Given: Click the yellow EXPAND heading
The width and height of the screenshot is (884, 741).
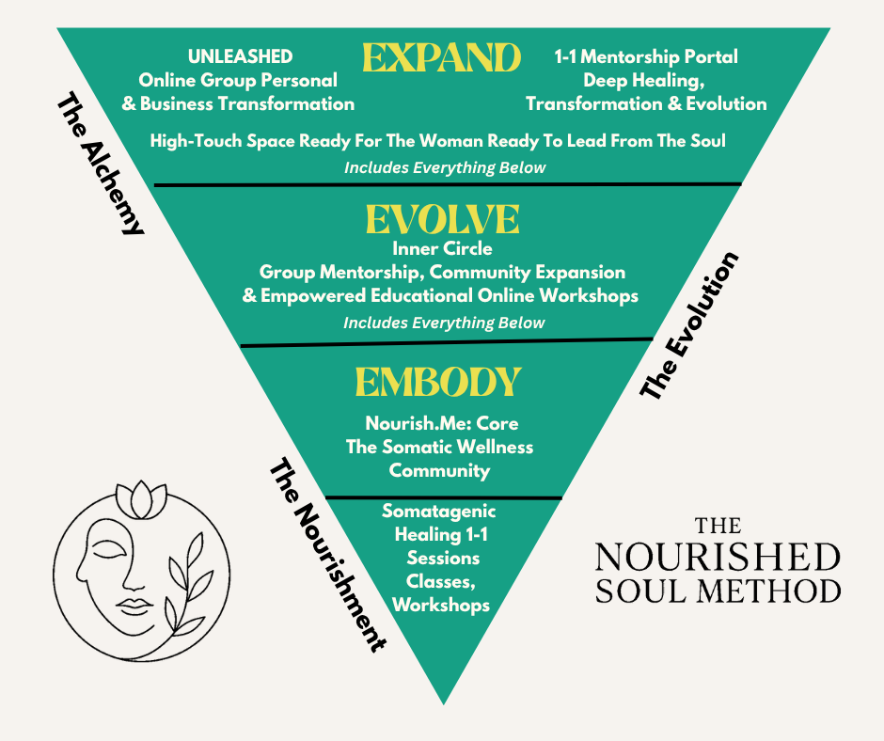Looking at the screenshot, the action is [441, 58].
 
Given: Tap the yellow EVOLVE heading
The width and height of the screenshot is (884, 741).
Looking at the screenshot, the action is [442, 220].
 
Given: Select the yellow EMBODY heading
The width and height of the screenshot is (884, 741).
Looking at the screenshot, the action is [438, 382].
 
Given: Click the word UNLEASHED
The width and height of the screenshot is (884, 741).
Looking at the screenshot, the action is [240, 56].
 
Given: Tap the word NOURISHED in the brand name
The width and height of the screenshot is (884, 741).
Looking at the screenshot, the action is [718, 556].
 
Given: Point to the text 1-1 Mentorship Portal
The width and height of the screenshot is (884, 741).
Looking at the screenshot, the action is [646, 56].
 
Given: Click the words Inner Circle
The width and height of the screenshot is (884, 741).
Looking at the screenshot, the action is [442, 249].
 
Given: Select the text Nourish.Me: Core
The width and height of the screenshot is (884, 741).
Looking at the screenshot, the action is [441, 423].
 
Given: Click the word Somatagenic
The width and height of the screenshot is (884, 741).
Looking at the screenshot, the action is [438, 512].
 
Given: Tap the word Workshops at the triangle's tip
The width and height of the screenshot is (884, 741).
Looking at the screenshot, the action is [441, 605].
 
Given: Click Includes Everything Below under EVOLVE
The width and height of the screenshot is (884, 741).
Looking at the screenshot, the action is [444, 323].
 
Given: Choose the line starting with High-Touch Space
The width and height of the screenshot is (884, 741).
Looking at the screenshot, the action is [438, 141].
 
